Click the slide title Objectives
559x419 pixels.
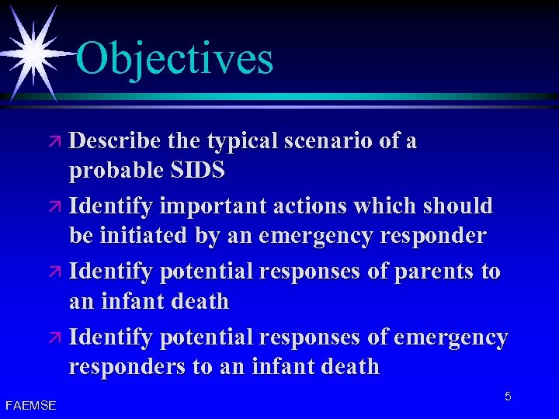pyautogui.click(x=175, y=58)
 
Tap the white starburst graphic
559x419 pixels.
pyautogui.click(x=33, y=50)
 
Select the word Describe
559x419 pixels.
pyautogui.click(x=116, y=141)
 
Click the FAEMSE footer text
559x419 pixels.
pyautogui.click(x=30, y=405)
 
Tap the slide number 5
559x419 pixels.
pyautogui.click(x=508, y=396)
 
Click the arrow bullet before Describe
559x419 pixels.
pyautogui.click(x=55, y=143)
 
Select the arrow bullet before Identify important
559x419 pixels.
pyautogui.click(x=55, y=208)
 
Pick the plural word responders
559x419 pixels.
pyautogui.click(x=128, y=366)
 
